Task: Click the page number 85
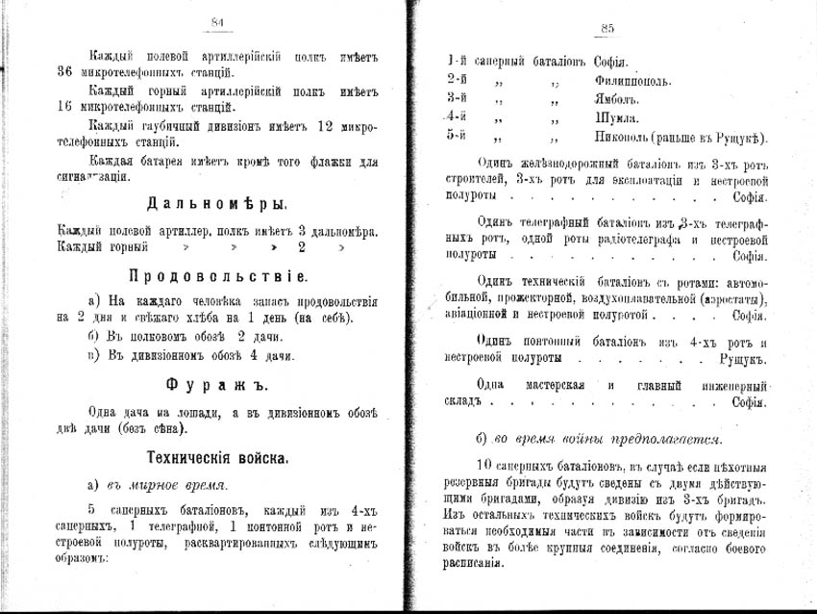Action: (606, 28)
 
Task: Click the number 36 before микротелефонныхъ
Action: (65, 72)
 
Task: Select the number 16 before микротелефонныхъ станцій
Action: (65, 106)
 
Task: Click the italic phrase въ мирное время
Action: (164, 484)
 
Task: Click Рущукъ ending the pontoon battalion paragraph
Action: (742, 359)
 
